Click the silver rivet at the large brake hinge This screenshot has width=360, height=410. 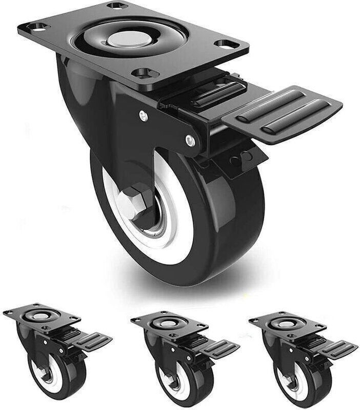[x=190, y=138]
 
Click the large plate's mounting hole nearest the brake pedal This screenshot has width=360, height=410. [x=226, y=44]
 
